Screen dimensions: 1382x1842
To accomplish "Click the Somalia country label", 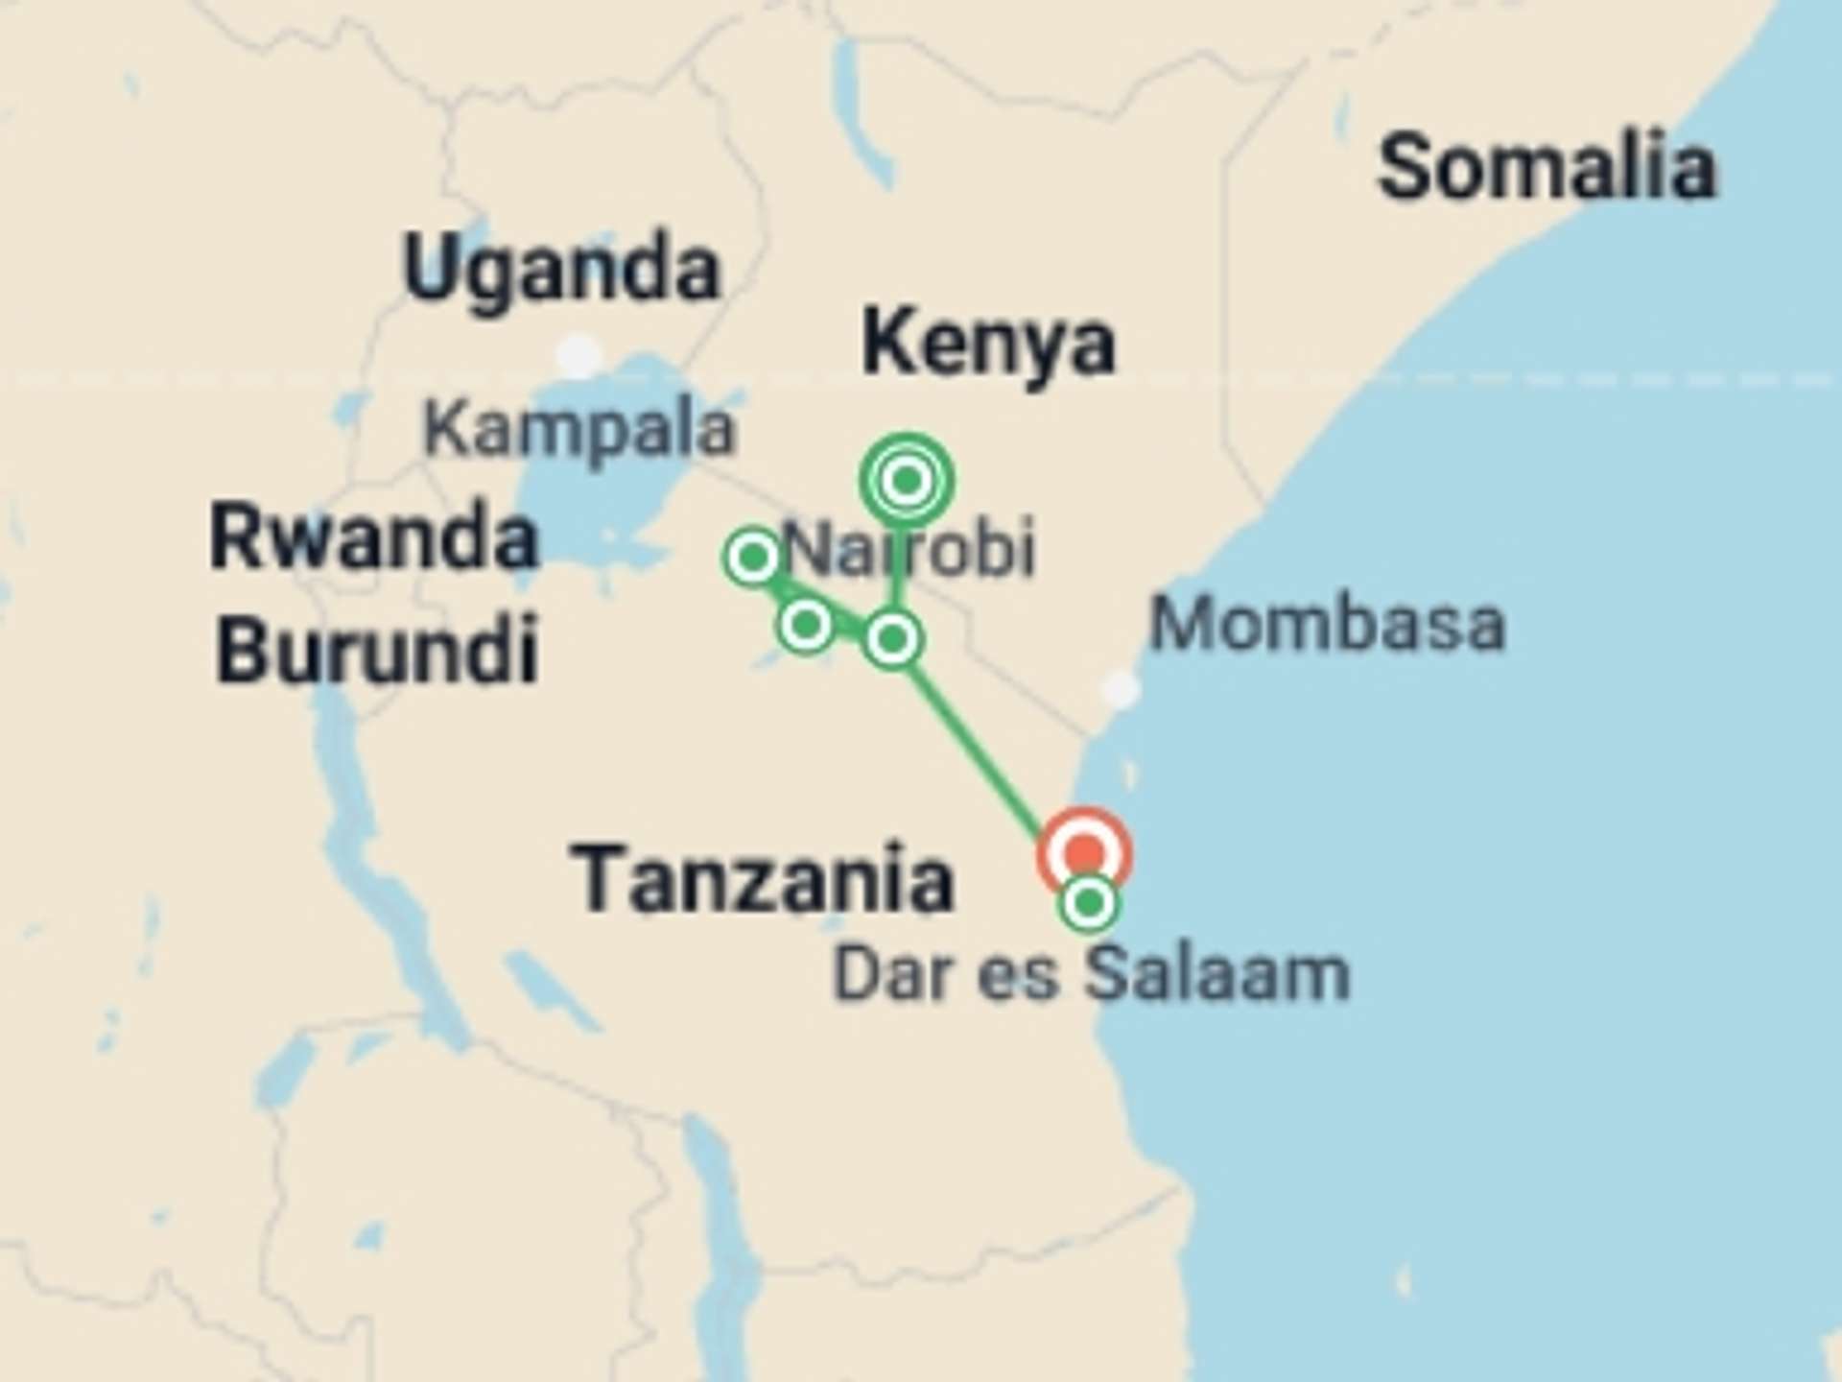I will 1547,169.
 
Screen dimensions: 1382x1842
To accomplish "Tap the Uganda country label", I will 561,270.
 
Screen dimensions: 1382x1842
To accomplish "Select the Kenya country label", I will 988,344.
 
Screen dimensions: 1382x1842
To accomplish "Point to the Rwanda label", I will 374,537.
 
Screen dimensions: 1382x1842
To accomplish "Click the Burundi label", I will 376,650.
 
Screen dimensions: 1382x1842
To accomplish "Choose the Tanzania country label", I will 763,879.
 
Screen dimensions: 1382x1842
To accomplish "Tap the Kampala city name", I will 579,429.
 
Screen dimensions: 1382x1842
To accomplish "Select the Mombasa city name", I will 1327,625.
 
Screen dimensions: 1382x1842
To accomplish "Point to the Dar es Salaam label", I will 1092,975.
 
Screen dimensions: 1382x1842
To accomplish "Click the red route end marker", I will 1084,852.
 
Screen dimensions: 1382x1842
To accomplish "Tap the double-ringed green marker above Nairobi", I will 906,479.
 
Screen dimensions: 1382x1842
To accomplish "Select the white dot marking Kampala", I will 579,356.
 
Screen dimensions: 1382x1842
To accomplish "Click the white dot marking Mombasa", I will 1120,688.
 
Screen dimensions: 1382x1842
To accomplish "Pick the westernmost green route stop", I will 753,557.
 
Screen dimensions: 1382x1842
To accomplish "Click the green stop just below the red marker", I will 1089,903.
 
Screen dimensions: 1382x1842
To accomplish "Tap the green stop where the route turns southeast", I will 893,638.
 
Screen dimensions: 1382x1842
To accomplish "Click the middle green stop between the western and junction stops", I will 806,625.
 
